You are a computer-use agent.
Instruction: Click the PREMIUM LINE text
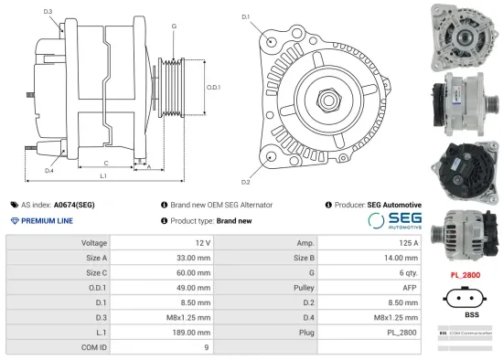(x=48, y=221)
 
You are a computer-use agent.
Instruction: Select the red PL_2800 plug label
(x=466, y=274)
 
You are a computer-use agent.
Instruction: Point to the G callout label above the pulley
(x=174, y=26)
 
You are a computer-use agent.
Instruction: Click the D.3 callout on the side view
(x=48, y=12)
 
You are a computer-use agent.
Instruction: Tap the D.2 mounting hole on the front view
(x=273, y=157)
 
